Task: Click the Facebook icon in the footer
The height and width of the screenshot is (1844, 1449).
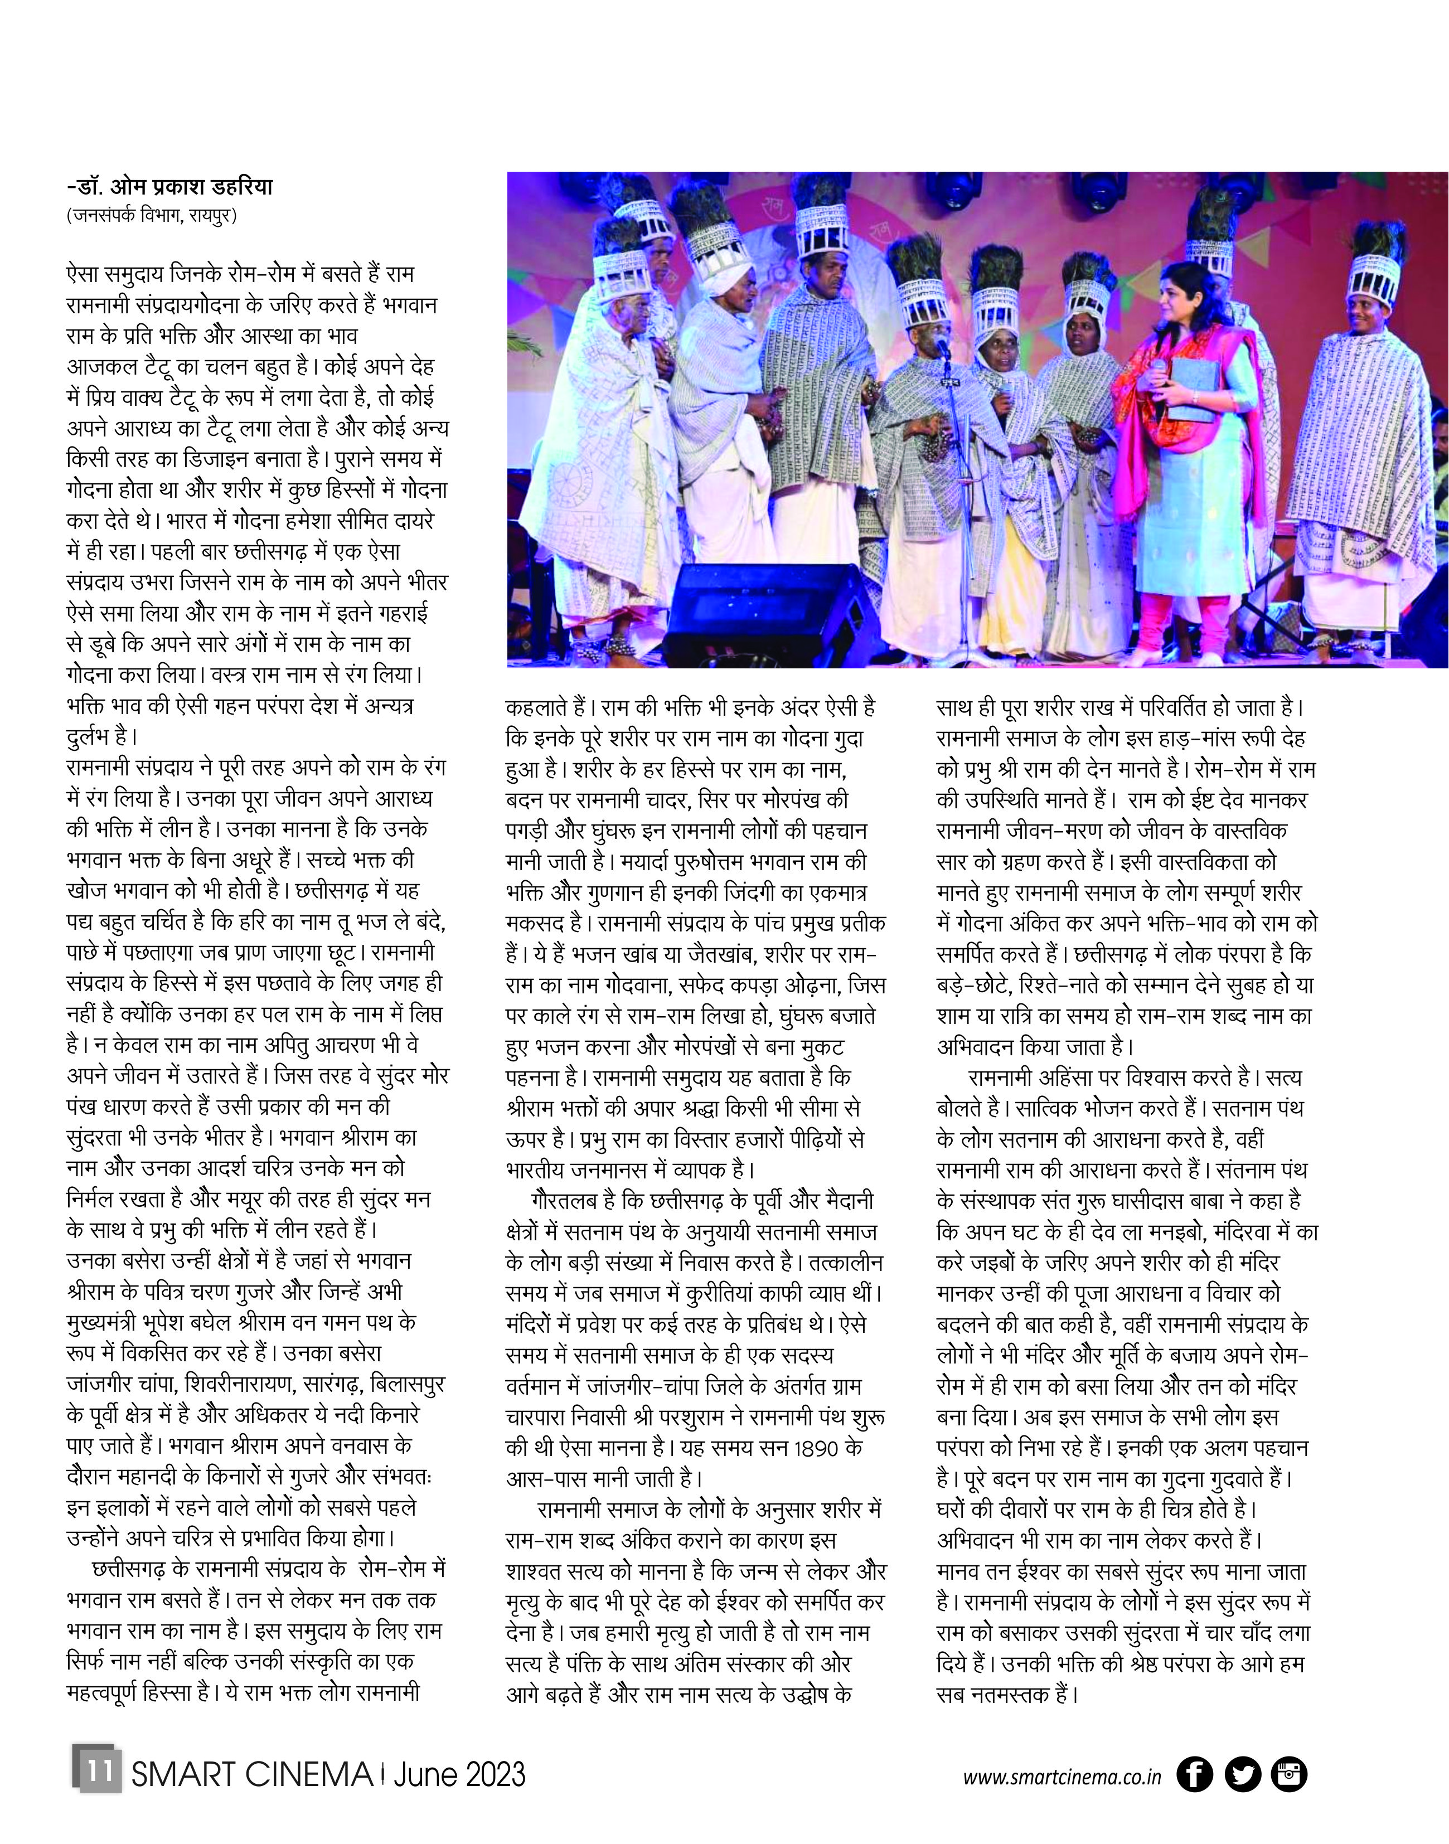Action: [x=1195, y=1774]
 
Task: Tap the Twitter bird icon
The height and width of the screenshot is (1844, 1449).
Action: [x=1243, y=1774]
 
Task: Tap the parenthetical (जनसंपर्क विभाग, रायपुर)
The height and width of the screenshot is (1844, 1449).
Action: [x=151, y=215]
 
